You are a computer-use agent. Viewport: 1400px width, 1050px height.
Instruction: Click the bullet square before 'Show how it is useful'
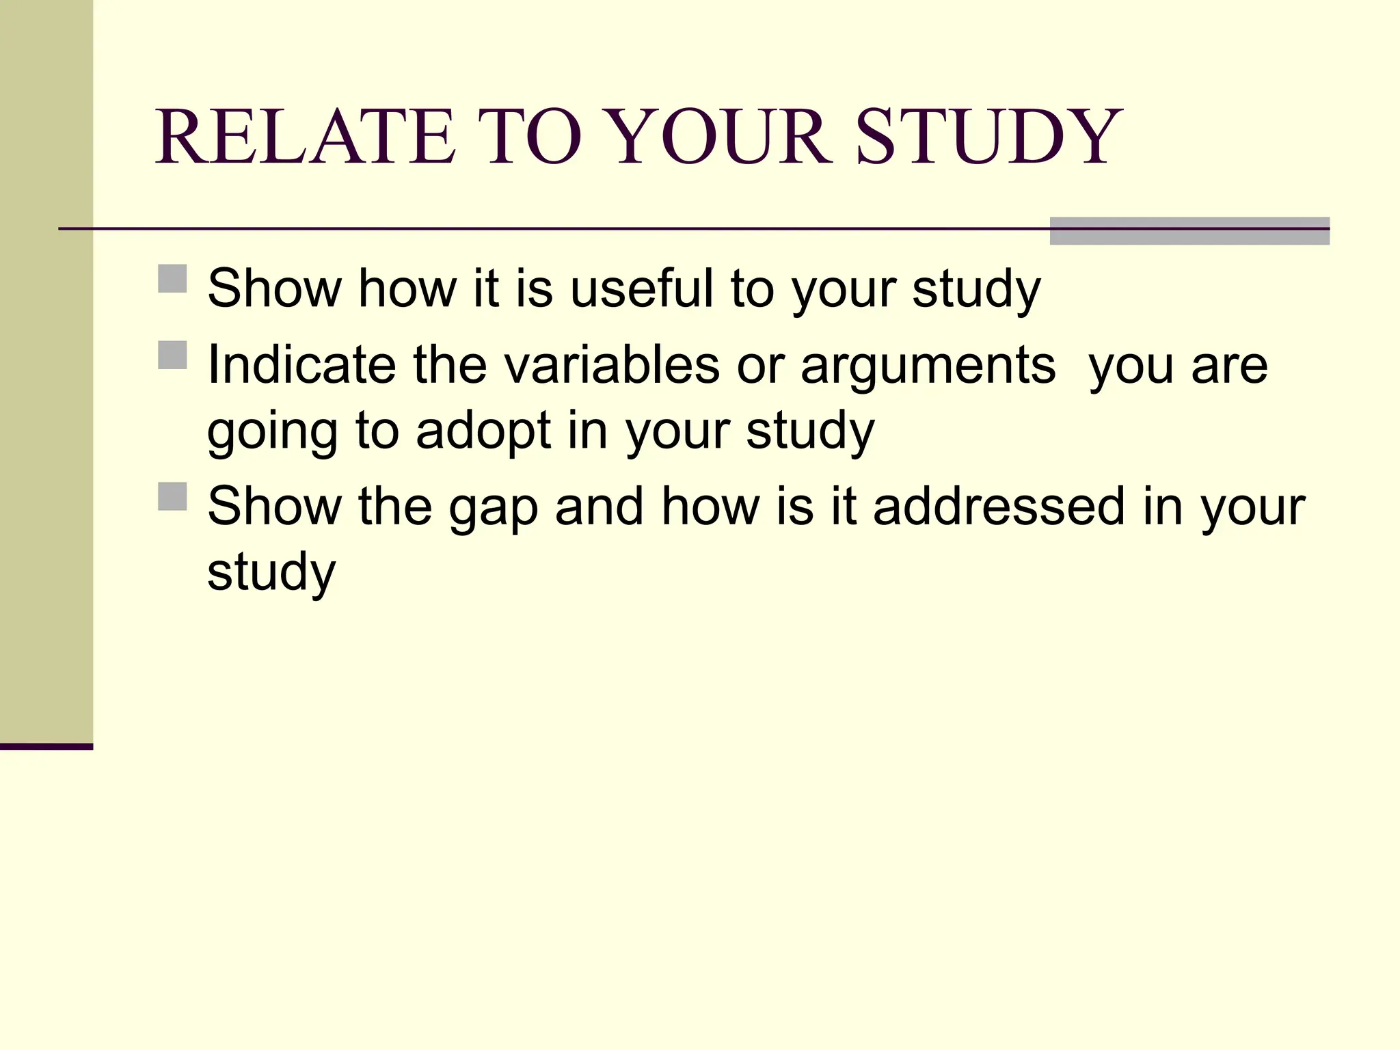pos(172,279)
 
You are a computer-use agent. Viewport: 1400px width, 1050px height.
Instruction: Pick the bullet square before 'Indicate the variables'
pos(172,355)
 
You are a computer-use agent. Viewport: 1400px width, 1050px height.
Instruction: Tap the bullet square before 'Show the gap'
pos(172,497)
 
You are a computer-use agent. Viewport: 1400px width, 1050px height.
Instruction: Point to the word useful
pos(642,288)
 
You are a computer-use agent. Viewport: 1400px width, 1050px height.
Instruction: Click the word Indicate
pos(301,365)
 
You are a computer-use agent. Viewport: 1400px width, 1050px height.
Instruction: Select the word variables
pos(612,365)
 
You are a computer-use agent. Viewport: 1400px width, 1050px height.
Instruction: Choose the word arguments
pos(928,365)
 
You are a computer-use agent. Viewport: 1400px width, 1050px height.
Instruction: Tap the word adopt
pos(483,432)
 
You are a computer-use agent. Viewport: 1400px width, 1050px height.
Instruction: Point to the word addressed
pos(999,507)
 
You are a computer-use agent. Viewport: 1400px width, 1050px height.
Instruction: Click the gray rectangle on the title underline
pos(1189,231)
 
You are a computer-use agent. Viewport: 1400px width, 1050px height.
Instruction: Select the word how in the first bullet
pos(408,288)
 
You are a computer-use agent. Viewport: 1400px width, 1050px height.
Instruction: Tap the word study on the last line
pos(271,573)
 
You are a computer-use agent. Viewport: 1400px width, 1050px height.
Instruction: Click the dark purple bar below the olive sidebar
pos(46,746)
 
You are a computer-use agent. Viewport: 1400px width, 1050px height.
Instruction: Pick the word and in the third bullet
pos(600,507)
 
